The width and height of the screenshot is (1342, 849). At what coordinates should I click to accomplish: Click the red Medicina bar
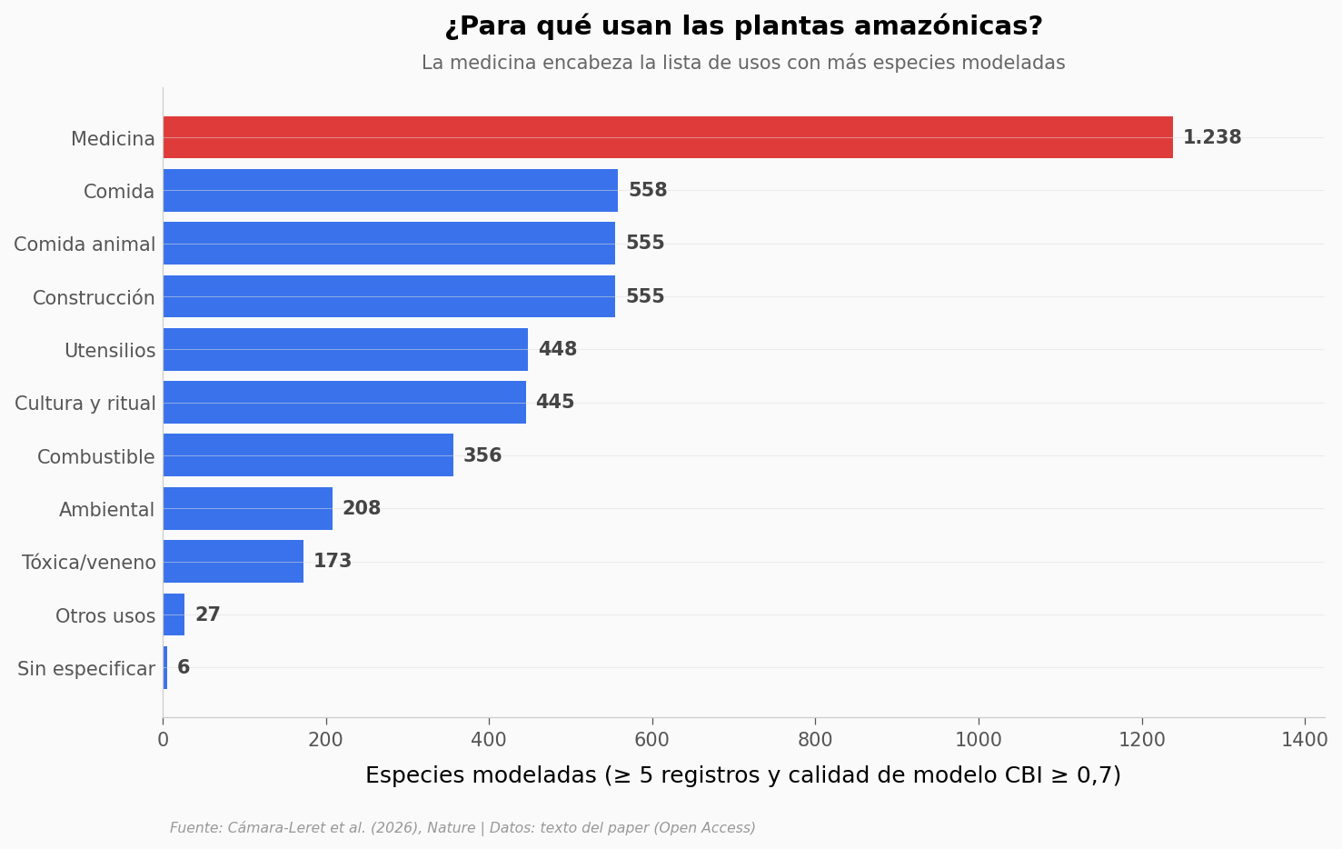(668, 137)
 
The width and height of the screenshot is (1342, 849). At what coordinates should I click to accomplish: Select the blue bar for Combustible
(309, 455)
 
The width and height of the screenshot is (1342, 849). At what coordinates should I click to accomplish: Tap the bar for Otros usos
(174, 614)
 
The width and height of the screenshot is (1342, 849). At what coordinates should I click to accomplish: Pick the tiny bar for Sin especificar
(165, 667)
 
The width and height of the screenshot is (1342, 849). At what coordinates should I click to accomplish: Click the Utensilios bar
(345, 349)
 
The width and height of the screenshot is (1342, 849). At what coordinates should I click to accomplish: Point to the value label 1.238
(1212, 137)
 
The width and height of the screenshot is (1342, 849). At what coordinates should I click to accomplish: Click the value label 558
(648, 190)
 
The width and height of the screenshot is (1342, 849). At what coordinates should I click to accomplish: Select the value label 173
(333, 561)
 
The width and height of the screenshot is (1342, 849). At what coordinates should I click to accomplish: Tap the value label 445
(555, 402)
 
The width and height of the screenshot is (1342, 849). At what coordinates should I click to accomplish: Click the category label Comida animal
(84, 245)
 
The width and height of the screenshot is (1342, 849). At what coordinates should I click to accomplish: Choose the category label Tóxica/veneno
(89, 563)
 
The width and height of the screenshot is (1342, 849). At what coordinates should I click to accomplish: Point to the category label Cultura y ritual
(85, 404)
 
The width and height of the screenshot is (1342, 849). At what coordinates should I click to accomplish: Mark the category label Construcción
(94, 297)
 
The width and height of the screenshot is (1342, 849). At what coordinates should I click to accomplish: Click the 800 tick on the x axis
(815, 740)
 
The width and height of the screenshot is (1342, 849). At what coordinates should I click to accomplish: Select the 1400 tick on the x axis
(1304, 740)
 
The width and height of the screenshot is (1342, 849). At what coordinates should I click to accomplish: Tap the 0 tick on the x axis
(163, 740)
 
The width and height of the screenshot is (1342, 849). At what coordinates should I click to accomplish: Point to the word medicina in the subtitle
(493, 63)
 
